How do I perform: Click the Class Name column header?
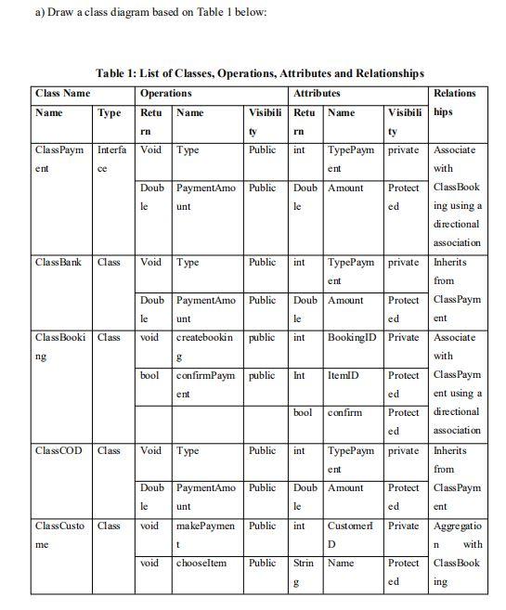(x=62, y=94)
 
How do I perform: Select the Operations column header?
(x=165, y=94)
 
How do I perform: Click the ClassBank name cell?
(x=58, y=263)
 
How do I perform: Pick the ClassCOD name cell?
(x=58, y=451)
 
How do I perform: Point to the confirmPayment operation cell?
(x=205, y=384)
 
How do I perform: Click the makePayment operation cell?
(x=205, y=535)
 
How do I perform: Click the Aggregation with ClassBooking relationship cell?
(x=457, y=553)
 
